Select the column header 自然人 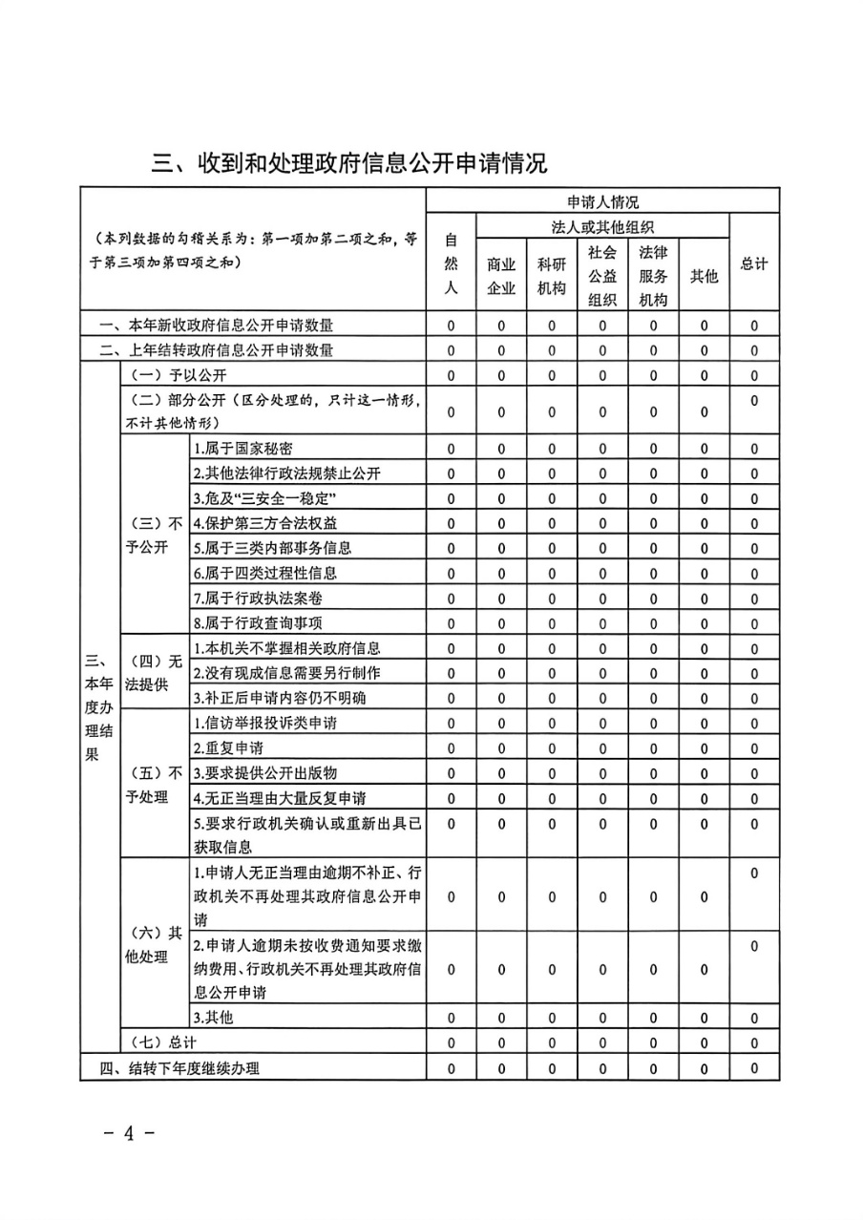point(451,263)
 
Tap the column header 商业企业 point(501,276)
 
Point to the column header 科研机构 point(552,276)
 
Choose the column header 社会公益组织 point(602,276)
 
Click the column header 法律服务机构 point(653,276)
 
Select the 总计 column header point(754,263)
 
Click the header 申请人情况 point(602,201)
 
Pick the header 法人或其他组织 point(602,226)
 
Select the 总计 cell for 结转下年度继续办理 point(754,1068)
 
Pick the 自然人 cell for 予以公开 point(451,375)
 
